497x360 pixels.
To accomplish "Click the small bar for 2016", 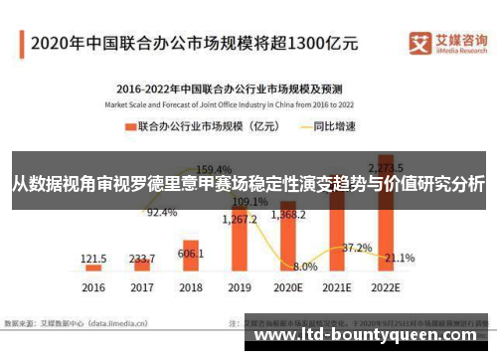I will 94,268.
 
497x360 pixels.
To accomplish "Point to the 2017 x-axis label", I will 143,288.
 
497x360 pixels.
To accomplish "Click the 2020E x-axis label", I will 289,288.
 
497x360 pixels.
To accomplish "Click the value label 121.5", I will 94,258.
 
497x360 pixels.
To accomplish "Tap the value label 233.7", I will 143,257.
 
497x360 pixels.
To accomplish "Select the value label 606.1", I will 191,254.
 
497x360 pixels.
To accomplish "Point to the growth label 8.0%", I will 306,267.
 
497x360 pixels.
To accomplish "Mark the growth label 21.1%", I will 400,259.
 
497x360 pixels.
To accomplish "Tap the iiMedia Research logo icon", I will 419,43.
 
